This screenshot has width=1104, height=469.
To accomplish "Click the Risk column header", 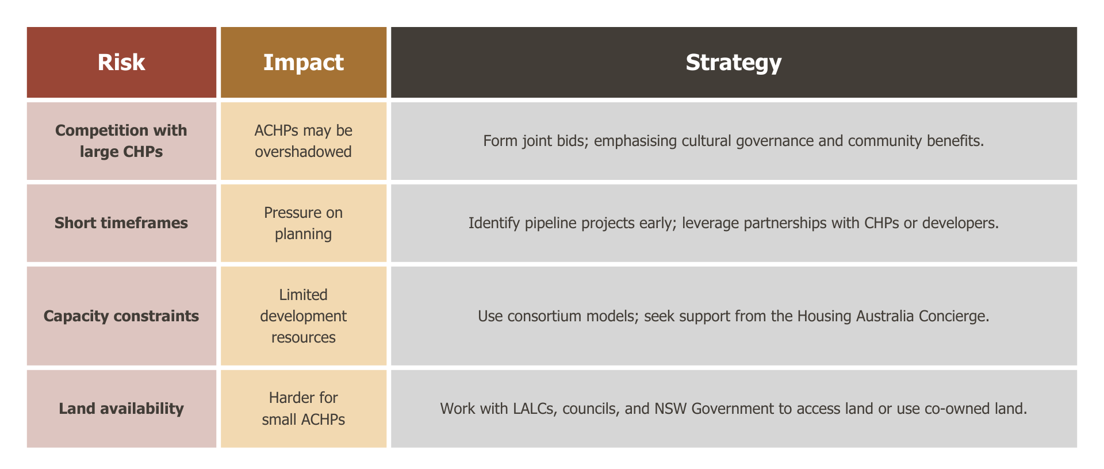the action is pos(121,62).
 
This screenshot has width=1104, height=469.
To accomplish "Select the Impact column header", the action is pos(304,62).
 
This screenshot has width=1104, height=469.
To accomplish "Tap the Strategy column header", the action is pos(734,62).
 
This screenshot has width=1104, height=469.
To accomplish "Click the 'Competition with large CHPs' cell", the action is pos(121,141).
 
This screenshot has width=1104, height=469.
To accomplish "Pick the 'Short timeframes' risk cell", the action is pos(121,223).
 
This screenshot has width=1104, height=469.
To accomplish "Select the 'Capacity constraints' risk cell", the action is pos(121,316).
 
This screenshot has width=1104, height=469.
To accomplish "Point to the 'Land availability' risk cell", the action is pos(121,409).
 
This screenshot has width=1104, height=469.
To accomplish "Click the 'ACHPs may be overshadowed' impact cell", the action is pos(304,141).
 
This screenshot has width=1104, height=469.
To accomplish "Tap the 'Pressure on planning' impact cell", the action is pos(304,223).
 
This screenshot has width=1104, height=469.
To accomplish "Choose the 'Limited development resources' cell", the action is pos(304,316).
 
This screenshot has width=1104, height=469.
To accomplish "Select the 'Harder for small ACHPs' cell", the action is pos(304,409).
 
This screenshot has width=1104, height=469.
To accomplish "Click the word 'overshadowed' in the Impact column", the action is pos(304,152).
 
